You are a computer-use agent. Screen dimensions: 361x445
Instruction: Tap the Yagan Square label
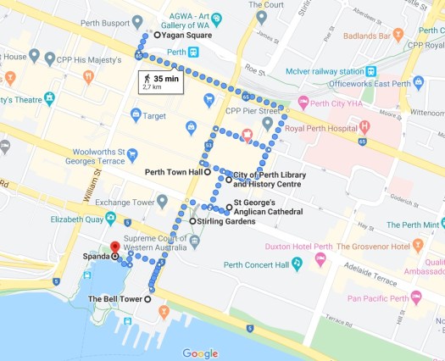coord(187,36)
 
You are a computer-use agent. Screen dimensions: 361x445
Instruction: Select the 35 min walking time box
coord(161,82)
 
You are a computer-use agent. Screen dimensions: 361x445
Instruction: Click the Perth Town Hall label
coord(172,171)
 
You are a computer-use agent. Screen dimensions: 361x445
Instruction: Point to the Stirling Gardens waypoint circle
coord(193,221)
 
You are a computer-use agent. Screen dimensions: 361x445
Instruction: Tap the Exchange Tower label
coord(125,202)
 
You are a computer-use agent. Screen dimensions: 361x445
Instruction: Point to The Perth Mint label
coord(414,225)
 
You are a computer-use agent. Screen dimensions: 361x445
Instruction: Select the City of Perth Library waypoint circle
coord(228,180)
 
